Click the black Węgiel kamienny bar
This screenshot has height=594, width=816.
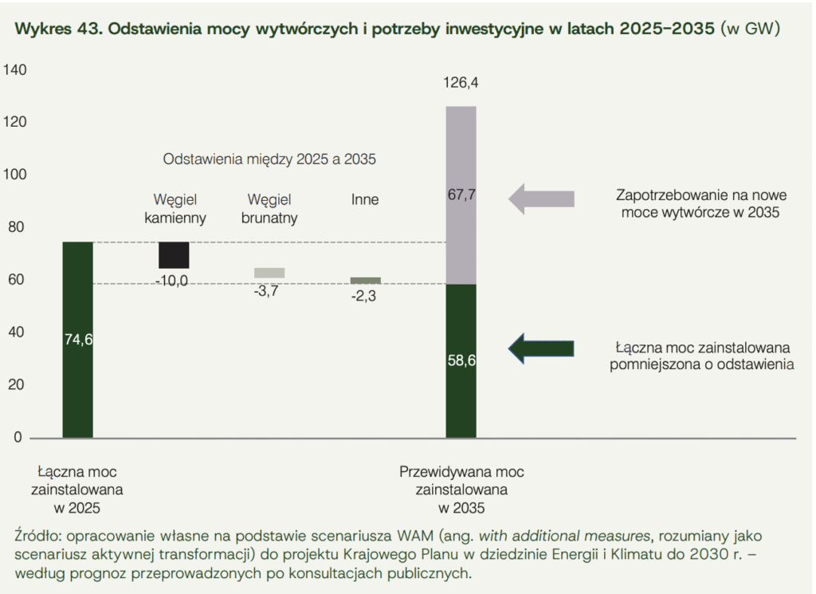tap(174, 255)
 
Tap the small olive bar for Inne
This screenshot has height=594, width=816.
tap(366, 281)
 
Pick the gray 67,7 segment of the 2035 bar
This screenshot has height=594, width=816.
tap(461, 195)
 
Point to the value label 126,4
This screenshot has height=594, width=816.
tap(461, 82)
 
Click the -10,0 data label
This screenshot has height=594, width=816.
tap(172, 281)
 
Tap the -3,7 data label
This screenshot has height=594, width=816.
tap(266, 291)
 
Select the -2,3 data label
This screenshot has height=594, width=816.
tap(363, 297)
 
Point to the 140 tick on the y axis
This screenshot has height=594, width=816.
tap(15, 70)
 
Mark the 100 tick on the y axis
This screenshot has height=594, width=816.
tap(15, 175)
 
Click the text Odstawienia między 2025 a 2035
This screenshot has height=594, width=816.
tap(269, 159)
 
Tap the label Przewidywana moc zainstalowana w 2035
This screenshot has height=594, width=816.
tap(461, 489)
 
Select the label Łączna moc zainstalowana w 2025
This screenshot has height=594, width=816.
tap(77, 489)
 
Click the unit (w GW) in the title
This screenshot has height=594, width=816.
tap(749, 30)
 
